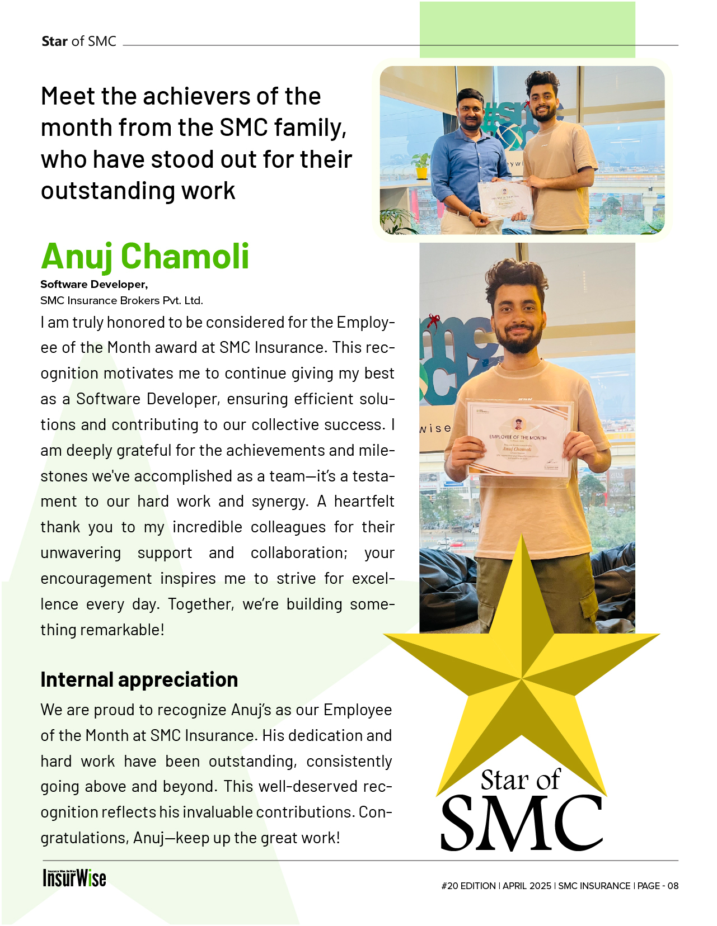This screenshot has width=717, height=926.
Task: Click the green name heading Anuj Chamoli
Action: (x=145, y=257)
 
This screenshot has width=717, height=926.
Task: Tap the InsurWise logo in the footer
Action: (x=74, y=878)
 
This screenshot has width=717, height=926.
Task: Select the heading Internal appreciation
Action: (x=139, y=679)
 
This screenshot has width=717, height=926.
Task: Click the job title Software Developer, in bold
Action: (x=94, y=285)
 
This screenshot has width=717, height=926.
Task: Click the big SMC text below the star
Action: (x=522, y=823)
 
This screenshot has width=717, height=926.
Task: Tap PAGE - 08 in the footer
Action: (x=658, y=886)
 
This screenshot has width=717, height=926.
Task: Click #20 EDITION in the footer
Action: (x=468, y=886)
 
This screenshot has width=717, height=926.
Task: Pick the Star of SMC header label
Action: (x=79, y=41)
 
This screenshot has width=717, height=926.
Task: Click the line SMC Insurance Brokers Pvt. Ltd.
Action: (x=121, y=301)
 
